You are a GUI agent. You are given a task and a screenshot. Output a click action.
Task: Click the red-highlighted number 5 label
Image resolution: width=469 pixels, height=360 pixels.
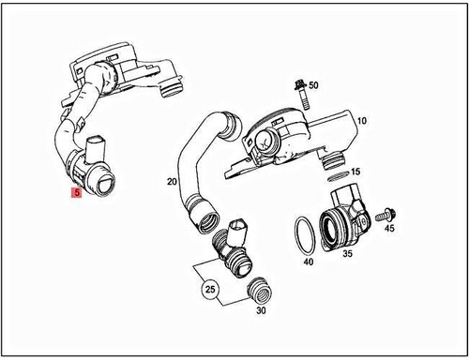77,194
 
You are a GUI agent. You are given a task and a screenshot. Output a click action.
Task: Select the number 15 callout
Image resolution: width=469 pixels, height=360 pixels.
356,172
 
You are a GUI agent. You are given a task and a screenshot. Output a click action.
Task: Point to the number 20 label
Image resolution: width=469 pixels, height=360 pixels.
172,181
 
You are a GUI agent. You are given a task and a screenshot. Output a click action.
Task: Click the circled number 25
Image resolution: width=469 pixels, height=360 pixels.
212,291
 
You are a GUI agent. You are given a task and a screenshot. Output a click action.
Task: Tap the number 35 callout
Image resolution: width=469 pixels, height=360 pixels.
347,252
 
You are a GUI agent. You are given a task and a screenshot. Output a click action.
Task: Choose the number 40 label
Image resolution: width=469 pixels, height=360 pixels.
308,262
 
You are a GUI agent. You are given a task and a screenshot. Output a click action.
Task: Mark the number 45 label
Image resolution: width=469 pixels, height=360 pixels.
389,228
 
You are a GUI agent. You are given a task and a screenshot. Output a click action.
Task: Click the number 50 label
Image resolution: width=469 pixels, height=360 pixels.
313,85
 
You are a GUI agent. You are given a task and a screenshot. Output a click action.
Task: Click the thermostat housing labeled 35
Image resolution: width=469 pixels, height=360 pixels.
343,219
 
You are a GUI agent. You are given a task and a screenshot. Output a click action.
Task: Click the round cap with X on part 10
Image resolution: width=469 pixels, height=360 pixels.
265,141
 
